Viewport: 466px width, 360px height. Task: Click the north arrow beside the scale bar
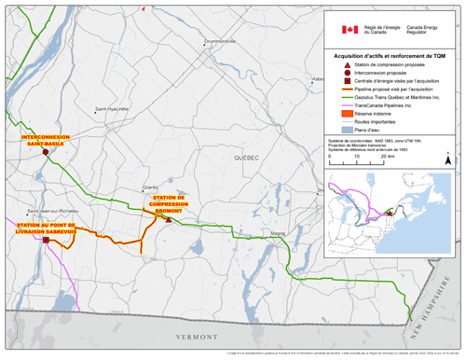tap(448, 159)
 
